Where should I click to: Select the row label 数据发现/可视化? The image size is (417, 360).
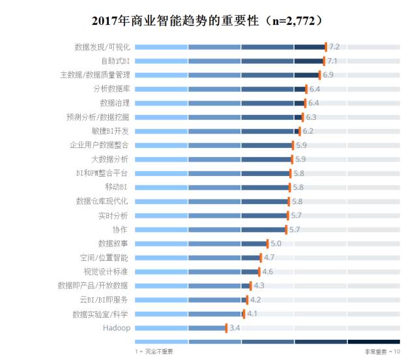pyautogui.click(x=102, y=47)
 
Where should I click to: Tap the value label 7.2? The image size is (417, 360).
pyautogui.click(x=334, y=47)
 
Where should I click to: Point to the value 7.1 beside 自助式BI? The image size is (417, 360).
pyautogui.click(x=332, y=61)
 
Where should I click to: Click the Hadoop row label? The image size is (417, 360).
pyautogui.click(x=117, y=327)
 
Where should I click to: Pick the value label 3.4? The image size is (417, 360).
pyautogui.click(x=235, y=327)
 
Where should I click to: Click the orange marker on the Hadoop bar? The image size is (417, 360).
pyautogui.click(x=226, y=327)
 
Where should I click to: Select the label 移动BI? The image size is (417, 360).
pyautogui.click(x=115, y=187)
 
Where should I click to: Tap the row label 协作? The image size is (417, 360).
pyautogui.click(x=120, y=230)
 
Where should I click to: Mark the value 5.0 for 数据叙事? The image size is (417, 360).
pyautogui.click(x=276, y=243)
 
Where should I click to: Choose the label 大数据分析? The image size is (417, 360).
pyautogui.click(x=110, y=159)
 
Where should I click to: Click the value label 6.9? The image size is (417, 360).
pyautogui.click(x=328, y=75)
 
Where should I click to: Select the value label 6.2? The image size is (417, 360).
pyautogui.click(x=308, y=131)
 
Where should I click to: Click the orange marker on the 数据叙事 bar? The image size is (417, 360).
pyautogui.click(x=267, y=243)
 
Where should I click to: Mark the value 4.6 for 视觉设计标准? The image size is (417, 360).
pyautogui.click(x=267, y=271)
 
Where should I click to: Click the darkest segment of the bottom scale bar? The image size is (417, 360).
pyautogui.click(x=373, y=342)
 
